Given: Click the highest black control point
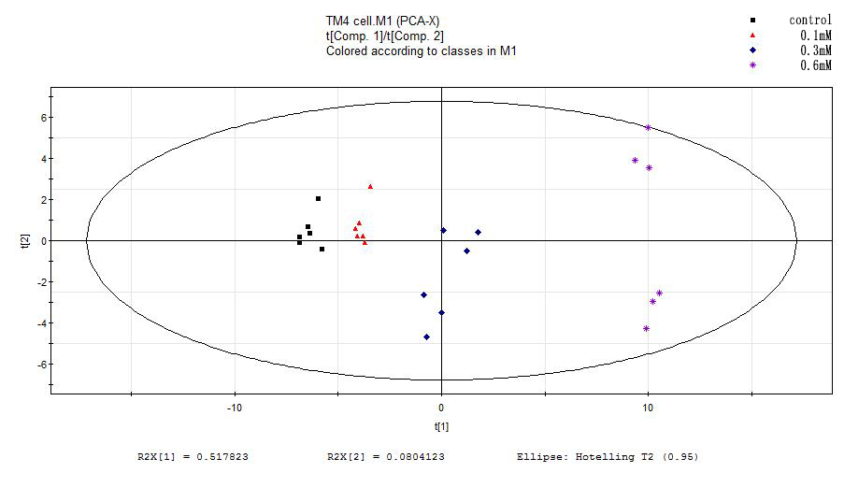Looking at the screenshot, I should pyautogui.click(x=318, y=198).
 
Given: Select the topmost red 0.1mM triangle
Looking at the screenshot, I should pyautogui.click(x=370, y=187).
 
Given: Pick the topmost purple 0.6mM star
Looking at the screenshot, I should pyautogui.click(x=648, y=127).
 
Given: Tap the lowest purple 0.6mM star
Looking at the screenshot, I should pyautogui.click(x=646, y=328).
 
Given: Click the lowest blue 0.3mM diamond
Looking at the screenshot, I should pyautogui.click(x=426, y=337).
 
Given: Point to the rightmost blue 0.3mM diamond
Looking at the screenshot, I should pyautogui.click(x=478, y=232).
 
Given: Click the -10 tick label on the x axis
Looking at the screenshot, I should pyautogui.click(x=235, y=408).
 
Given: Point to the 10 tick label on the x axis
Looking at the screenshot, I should pyautogui.click(x=647, y=408).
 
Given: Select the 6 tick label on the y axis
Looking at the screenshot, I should pyautogui.click(x=42, y=118).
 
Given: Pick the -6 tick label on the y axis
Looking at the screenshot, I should pyautogui.click(x=39, y=365).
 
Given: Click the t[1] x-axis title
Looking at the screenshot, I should pyautogui.click(x=441, y=426).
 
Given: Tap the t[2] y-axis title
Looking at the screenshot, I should pyautogui.click(x=25, y=241).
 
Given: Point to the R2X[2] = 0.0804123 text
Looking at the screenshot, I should pyautogui.click(x=386, y=458).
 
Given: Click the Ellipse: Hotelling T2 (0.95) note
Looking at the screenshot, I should pyautogui.click(x=607, y=458).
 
